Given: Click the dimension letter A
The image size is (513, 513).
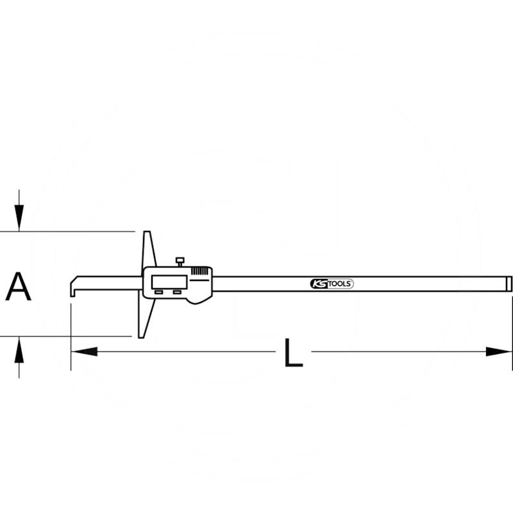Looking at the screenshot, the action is (x=19, y=286).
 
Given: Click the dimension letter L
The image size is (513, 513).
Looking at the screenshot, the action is (x=294, y=352).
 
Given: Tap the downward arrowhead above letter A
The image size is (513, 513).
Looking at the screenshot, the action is (x=19, y=218).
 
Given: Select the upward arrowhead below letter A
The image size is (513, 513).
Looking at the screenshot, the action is (x=19, y=349).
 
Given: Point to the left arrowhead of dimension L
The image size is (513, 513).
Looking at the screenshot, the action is (x=85, y=351).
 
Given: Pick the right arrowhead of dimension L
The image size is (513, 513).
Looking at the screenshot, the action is (x=499, y=351).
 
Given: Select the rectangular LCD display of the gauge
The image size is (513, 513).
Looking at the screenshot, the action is (x=169, y=282).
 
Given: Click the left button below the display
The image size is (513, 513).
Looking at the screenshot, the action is (x=158, y=292).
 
